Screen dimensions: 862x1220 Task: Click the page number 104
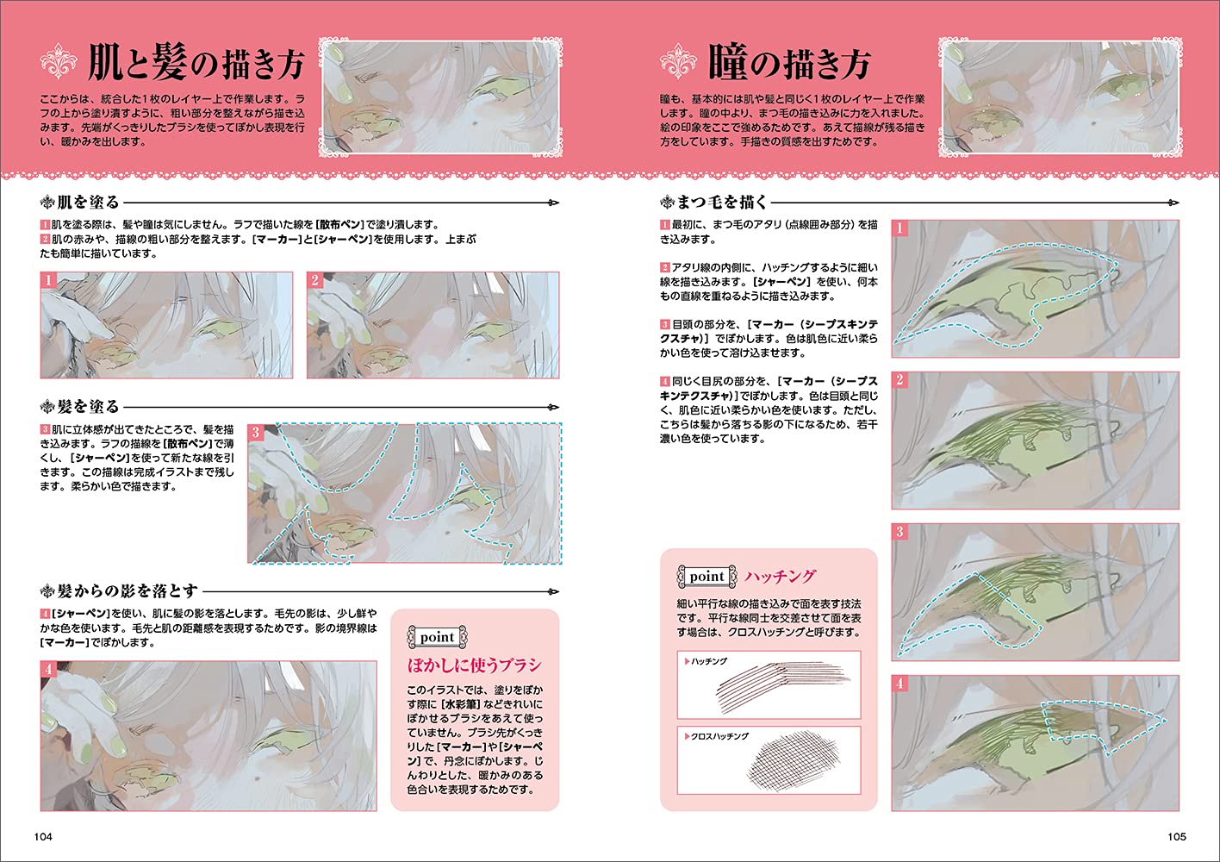(x=43, y=836)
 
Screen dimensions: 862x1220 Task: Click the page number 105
(x=1176, y=836)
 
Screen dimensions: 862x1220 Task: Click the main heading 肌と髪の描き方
(x=196, y=64)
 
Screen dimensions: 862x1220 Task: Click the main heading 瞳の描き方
(x=789, y=64)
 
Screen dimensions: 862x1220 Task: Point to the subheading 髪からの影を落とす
(x=128, y=591)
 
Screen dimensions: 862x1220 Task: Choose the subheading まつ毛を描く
(x=722, y=203)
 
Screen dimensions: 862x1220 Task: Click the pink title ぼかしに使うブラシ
(x=474, y=665)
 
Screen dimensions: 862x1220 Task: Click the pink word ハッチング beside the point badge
(x=780, y=576)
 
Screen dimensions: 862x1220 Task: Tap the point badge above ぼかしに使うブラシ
(x=437, y=637)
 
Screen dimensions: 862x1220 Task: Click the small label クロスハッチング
(x=719, y=736)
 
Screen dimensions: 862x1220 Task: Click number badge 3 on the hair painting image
(x=256, y=432)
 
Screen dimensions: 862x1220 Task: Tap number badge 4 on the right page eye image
(x=899, y=684)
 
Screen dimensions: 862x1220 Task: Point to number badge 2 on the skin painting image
(x=315, y=280)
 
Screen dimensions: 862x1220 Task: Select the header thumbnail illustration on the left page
(x=441, y=95)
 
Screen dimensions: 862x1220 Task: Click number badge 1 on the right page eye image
(x=899, y=228)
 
